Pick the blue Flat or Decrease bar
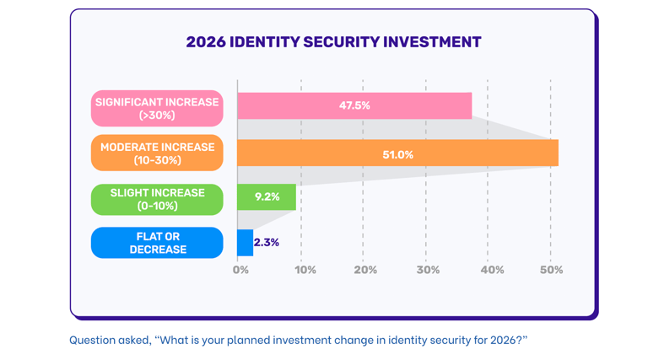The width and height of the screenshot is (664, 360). [246, 243]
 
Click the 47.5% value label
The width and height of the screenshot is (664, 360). [354, 105]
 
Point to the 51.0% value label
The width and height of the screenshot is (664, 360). [398, 154]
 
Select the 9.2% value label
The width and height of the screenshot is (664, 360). [267, 197]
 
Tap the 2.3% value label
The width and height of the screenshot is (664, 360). [267, 243]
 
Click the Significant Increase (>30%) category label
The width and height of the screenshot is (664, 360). [157, 108]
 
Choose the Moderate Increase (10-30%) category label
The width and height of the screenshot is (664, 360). [157, 153]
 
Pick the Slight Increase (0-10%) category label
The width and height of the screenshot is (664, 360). [157, 199]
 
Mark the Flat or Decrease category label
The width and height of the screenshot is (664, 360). [157, 243]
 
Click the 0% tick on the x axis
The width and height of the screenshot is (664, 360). [241, 270]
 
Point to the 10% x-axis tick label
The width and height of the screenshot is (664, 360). [305, 270]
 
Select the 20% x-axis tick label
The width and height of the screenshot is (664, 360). [365, 270]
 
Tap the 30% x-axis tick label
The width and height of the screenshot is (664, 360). [428, 270]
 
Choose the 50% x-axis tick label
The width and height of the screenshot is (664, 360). [551, 270]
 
